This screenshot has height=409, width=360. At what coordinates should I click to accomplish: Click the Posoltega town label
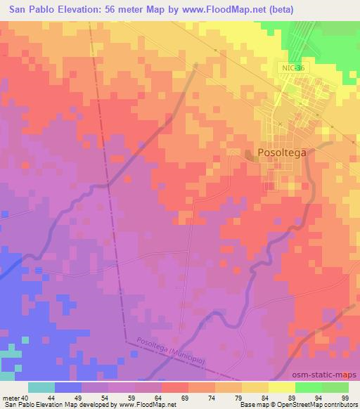[x=284, y=152]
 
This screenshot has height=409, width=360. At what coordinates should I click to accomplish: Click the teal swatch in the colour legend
[x=41, y=387]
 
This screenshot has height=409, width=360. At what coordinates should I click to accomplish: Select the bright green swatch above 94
[x=308, y=387]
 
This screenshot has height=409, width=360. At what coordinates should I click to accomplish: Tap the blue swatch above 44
[x=68, y=387]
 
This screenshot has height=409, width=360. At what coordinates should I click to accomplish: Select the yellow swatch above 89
[x=281, y=387]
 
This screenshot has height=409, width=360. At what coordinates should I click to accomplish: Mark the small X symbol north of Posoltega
[x=280, y=124]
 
